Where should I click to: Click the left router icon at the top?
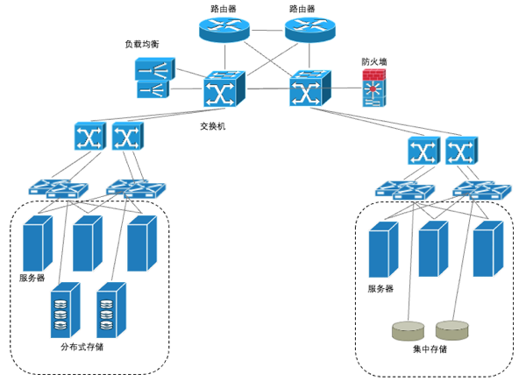point(224,30)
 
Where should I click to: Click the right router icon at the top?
point(311,30)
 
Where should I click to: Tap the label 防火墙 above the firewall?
point(374,62)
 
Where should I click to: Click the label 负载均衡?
point(142,44)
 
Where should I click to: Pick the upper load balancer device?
point(152,68)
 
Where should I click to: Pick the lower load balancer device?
point(152,88)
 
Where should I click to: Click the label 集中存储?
point(430,349)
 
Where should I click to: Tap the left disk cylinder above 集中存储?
point(407,330)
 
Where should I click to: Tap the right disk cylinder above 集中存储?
point(452,330)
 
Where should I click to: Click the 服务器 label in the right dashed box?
point(380,288)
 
